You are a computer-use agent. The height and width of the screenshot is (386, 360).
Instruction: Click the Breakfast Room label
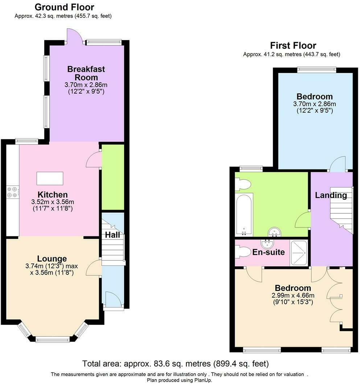pos(86,73)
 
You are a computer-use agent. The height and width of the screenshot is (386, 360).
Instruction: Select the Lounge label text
pos(52,259)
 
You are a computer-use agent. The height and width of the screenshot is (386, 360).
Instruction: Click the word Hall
pos(112,235)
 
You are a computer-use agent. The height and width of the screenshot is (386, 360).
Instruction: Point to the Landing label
pos(331,195)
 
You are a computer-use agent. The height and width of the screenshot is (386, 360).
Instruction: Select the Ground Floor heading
pos(64,7)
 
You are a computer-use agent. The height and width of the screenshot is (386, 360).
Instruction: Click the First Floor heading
pos(293,45)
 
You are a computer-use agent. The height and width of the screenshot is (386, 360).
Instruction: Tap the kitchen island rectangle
pos(50,178)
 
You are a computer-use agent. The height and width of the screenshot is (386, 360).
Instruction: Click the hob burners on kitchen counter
pos(12,191)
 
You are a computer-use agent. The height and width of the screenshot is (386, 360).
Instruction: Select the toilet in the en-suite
pos(242,251)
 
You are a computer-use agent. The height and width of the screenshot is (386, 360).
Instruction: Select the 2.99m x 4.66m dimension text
pos(294,295)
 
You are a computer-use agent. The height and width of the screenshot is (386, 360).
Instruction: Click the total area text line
pos(175,364)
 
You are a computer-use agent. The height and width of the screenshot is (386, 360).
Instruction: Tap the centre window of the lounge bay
pos(53,340)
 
